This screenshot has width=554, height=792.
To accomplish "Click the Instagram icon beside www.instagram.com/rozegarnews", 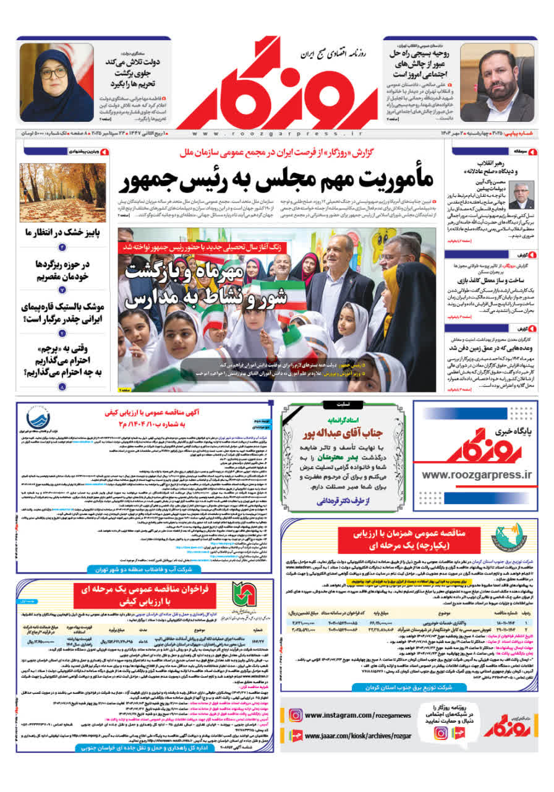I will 296,716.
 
